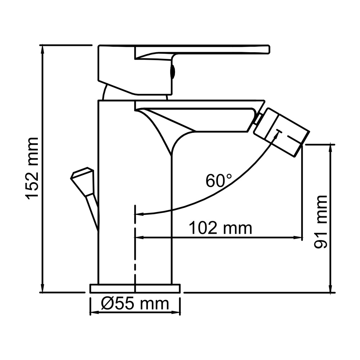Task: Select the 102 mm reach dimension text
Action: pyautogui.click(x=220, y=228)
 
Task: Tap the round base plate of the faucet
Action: pyautogui.click(x=135, y=288)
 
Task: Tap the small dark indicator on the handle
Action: pyautogui.click(x=173, y=71)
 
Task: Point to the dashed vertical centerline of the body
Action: pyautogui.click(x=135, y=252)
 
